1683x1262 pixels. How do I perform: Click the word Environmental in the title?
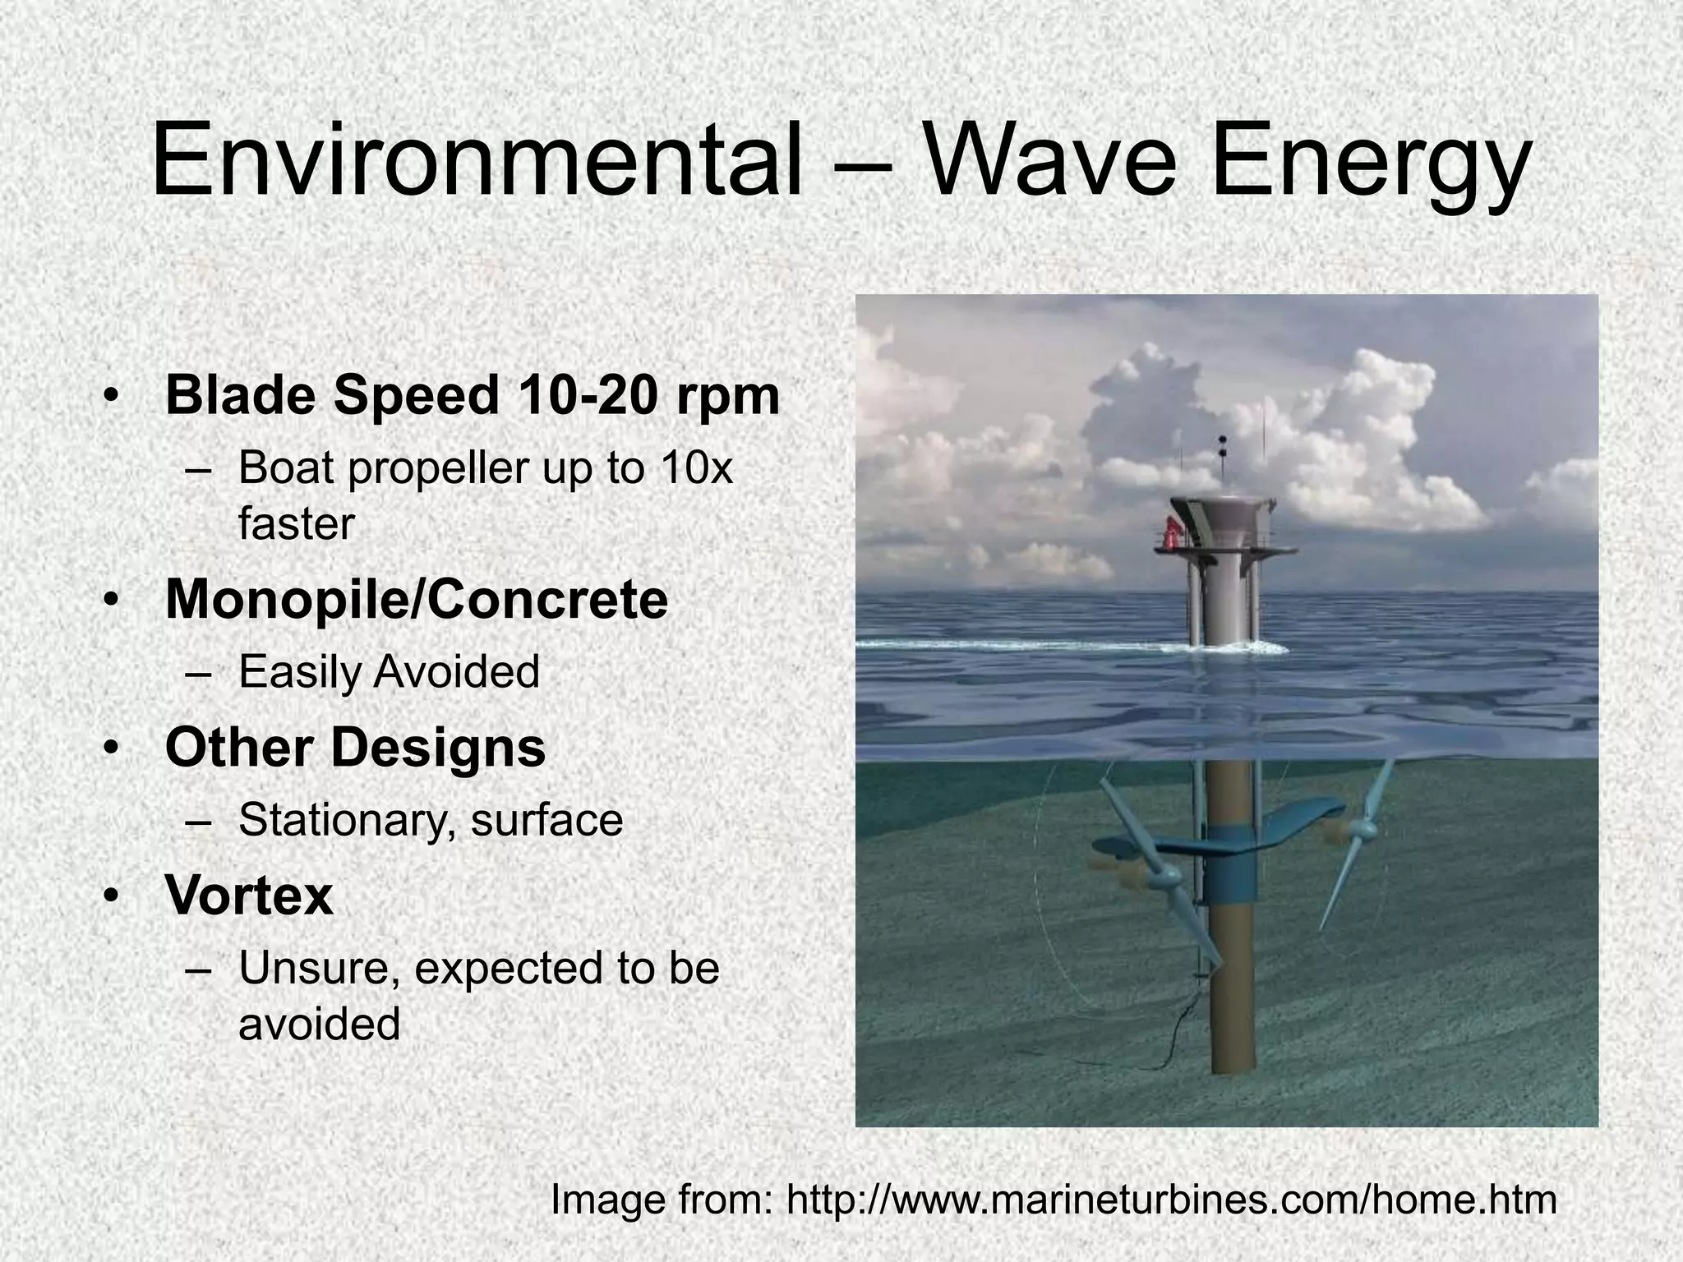click(477, 160)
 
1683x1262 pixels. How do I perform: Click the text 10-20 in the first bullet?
click(587, 395)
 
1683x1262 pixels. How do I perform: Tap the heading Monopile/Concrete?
click(417, 600)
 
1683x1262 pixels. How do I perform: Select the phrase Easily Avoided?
click(389, 672)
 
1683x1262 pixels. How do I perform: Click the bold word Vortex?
click(249, 895)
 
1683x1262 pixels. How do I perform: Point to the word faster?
click(296, 524)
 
